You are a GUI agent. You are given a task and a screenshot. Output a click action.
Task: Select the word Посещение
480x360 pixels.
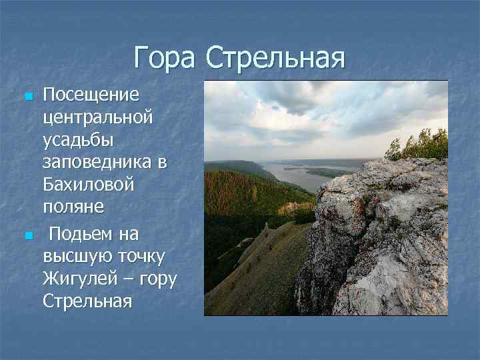click(x=91, y=95)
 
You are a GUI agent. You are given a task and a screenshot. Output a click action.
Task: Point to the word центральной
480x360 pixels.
click(x=97, y=118)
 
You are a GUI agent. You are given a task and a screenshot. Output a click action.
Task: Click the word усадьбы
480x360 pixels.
click(x=78, y=141)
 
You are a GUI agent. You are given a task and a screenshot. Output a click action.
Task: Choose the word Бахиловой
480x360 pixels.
click(x=88, y=185)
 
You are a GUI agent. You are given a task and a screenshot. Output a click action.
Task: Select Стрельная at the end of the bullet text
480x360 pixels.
click(x=87, y=301)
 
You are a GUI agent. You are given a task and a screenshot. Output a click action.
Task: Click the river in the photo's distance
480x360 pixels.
click(x=300, y=175)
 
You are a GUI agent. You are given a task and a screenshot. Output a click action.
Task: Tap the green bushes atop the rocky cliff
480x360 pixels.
click(x=420, y=145)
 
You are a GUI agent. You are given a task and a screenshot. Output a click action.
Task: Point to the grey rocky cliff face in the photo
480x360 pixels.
click(x=380, y=240)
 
